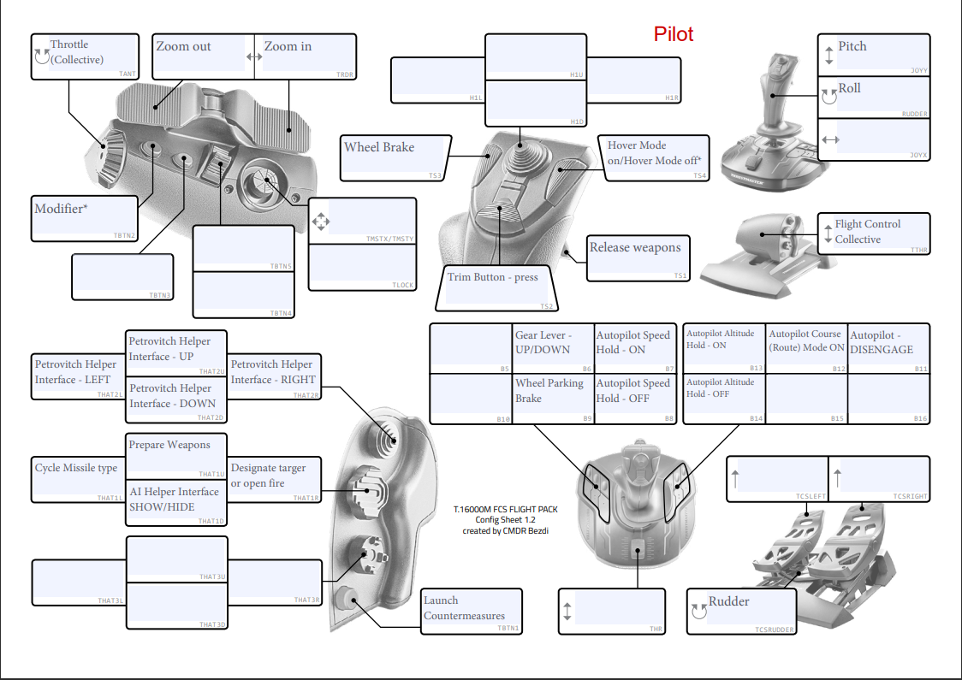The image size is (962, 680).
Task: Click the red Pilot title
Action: click(x=673, y=34)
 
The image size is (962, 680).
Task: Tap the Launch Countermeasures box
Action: click(x=472, y=611)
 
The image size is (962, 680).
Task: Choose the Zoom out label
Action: click(x=203, y=56)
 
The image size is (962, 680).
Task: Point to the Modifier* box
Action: click(x=84, y=217)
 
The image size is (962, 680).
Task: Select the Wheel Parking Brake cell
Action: click(x=552, y=398)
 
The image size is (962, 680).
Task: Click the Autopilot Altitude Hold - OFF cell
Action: click(x=723, y=398)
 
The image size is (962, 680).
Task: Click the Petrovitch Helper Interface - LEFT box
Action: click(x=78, y=378)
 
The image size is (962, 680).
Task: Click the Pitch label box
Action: click(x=873, y=56)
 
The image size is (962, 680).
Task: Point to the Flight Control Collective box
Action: click(x=873, y=233)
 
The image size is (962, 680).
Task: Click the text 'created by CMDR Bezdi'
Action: click(x=505, y=530)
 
